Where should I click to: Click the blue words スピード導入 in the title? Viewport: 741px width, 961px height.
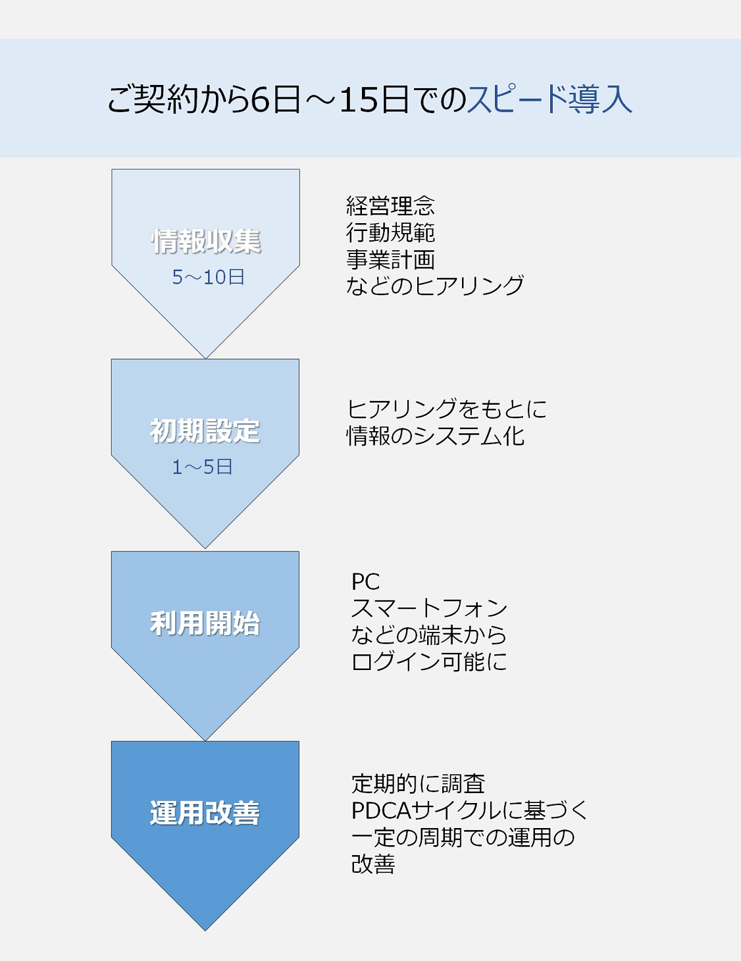click(549, 99)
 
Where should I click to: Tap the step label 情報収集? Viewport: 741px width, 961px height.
click(206, 242)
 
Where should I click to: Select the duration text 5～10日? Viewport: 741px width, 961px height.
click(208, 277)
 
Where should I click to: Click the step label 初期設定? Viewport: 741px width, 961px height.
click(205, 431)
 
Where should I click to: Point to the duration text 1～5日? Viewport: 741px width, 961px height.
click(202, 467)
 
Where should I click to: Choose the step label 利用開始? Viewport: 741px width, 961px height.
click(205, 623)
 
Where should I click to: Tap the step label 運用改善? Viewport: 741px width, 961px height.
click(205, 813)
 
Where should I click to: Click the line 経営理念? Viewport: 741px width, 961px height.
click(390, 206)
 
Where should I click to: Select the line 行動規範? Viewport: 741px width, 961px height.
click(390, 232)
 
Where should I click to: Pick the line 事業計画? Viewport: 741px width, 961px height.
click(390, 259)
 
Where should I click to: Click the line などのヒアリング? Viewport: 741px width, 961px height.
click(435, 286)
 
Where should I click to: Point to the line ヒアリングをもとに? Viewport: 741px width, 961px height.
click(447, 409)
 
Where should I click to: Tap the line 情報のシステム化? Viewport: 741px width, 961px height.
click(436, 436)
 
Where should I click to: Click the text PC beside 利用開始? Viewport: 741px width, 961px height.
click(366, 582)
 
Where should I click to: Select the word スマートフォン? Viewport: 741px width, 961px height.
click(429, 608)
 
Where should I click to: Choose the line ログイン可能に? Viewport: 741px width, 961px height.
click(429, 662)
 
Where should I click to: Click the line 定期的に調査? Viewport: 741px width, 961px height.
click(419, 784)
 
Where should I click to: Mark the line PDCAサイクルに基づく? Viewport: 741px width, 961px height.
click(469, 810)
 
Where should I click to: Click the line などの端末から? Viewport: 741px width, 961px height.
click(429, 635)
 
